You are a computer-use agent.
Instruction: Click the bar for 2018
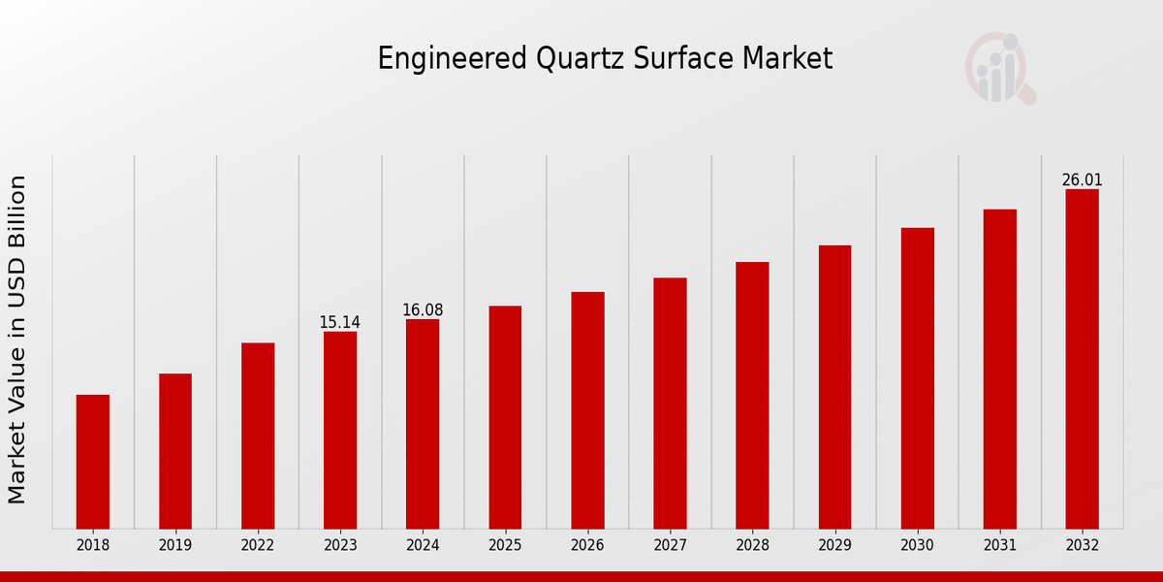point(93,462)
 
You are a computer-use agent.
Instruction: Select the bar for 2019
point(175,451)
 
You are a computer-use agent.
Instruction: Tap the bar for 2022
point(258,436)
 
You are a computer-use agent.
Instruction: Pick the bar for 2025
point(505,417)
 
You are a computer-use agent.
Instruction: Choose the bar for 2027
point(670,404)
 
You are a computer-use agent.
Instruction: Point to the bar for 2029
point(834,387)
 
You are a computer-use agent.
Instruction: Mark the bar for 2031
point(999,369)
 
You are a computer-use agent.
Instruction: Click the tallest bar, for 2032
point(1082,359)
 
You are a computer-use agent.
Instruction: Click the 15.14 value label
point(339,322)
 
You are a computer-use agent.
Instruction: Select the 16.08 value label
point(423,310)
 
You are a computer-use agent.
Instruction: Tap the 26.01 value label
point(1082,180)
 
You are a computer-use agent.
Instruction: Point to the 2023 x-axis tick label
point(340,546)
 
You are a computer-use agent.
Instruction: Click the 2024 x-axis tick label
point(423,546)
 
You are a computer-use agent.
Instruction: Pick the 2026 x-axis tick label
point(587,546)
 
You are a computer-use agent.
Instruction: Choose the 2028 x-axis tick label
point(752,546)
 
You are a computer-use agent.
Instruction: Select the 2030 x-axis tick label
point(917,546)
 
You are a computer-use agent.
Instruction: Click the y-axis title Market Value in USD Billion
point(17,339)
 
